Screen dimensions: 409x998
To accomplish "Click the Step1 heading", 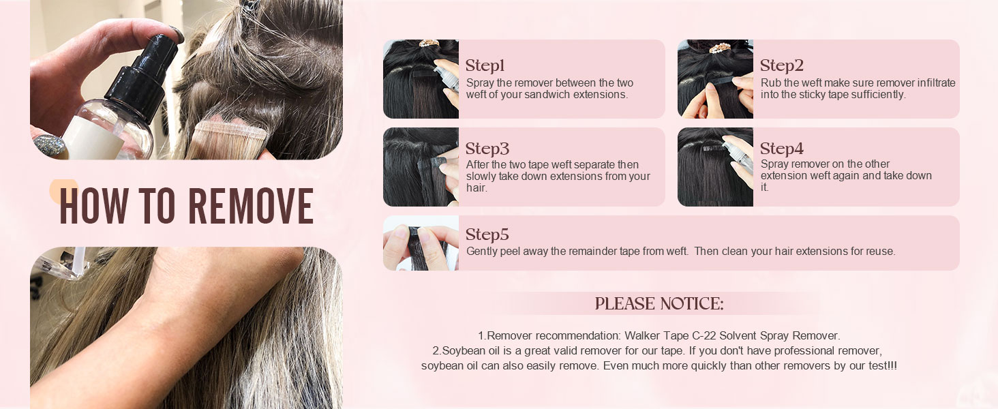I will click(x=485, y=66).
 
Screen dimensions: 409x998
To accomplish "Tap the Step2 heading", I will click(x=781, y=66).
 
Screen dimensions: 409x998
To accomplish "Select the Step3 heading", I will click(x=487, y=149).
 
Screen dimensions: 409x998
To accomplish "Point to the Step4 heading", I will click(x=781, y=149).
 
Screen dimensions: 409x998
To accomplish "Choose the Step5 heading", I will click(x=487, y=235).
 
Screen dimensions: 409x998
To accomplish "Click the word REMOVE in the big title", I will click(x=251, y=205).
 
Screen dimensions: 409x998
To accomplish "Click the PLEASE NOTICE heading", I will click(x=659, y=304).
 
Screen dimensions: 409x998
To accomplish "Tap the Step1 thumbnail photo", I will click(x=421, y=79).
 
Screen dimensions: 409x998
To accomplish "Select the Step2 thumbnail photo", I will click(x=715, y=79).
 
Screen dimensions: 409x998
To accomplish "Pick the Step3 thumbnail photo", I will click(x=421, y=167).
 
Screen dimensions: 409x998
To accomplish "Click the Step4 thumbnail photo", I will click(x=715, y=167).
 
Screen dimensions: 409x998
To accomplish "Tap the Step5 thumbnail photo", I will click(x=421, y=243).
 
